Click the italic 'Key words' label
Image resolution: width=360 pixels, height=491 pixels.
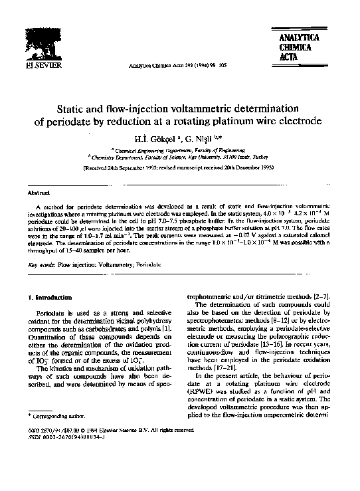tap(41, 264)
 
